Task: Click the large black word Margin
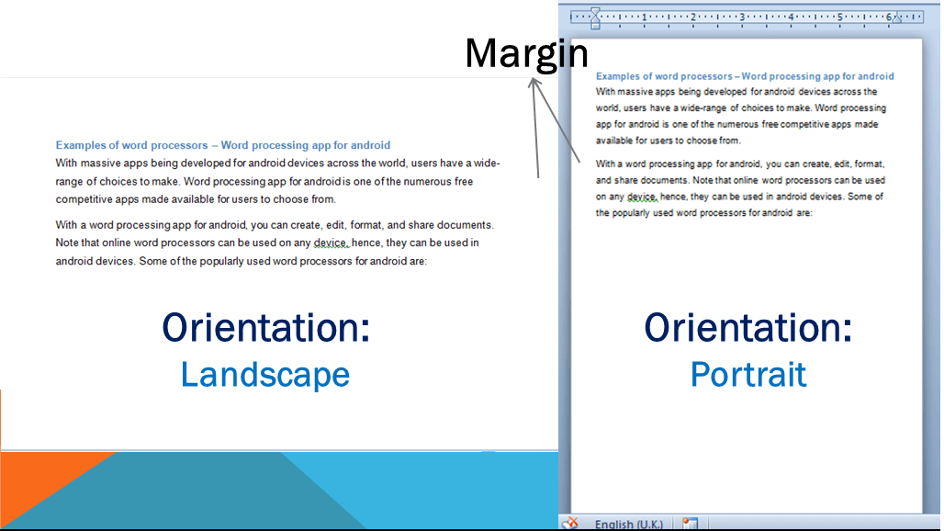[x=525, y=53]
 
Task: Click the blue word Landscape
[x=264, y=374]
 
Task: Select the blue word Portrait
[x=748, y=374]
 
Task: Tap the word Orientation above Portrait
[x=747, y=328]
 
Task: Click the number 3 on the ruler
[x=741, y=17]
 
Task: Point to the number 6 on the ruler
[x=888, y=17]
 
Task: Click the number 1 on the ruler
[x=644, y=17]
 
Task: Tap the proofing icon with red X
[x=569, y=523]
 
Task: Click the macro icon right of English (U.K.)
[x=690, y=524]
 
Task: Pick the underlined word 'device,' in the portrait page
[x=643, y=197]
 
